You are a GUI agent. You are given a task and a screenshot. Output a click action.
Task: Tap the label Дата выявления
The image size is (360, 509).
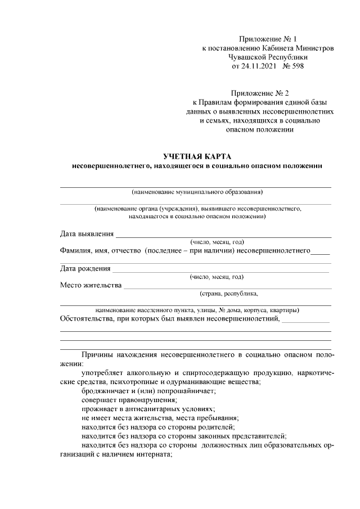coord(87,234)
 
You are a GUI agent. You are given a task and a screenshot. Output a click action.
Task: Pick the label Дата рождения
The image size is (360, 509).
coord(85,268)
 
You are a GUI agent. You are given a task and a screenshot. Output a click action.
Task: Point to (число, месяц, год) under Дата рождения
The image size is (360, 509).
coord(217,277)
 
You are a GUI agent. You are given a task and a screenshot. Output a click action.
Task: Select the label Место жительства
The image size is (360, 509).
coord(91,285)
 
